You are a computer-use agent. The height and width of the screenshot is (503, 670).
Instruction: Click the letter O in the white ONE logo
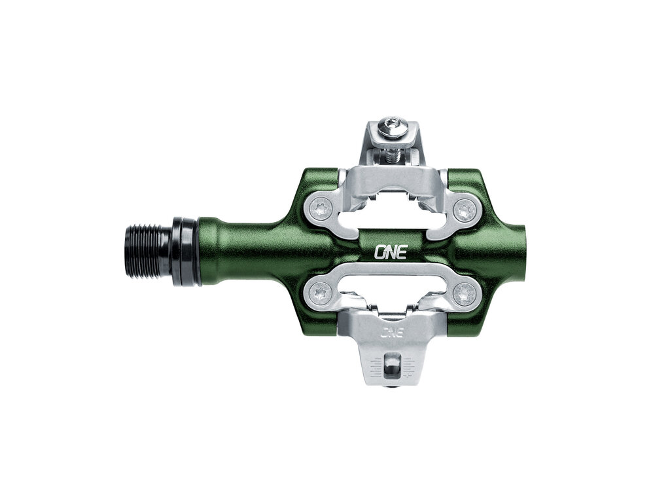[x=380, y=252]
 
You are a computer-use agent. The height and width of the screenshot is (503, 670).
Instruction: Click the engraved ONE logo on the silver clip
[x=393, y=332]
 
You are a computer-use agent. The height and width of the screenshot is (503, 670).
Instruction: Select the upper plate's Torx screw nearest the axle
[x=319, y=210]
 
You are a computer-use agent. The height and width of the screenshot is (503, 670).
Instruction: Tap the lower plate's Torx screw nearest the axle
[x=319, y=293]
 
